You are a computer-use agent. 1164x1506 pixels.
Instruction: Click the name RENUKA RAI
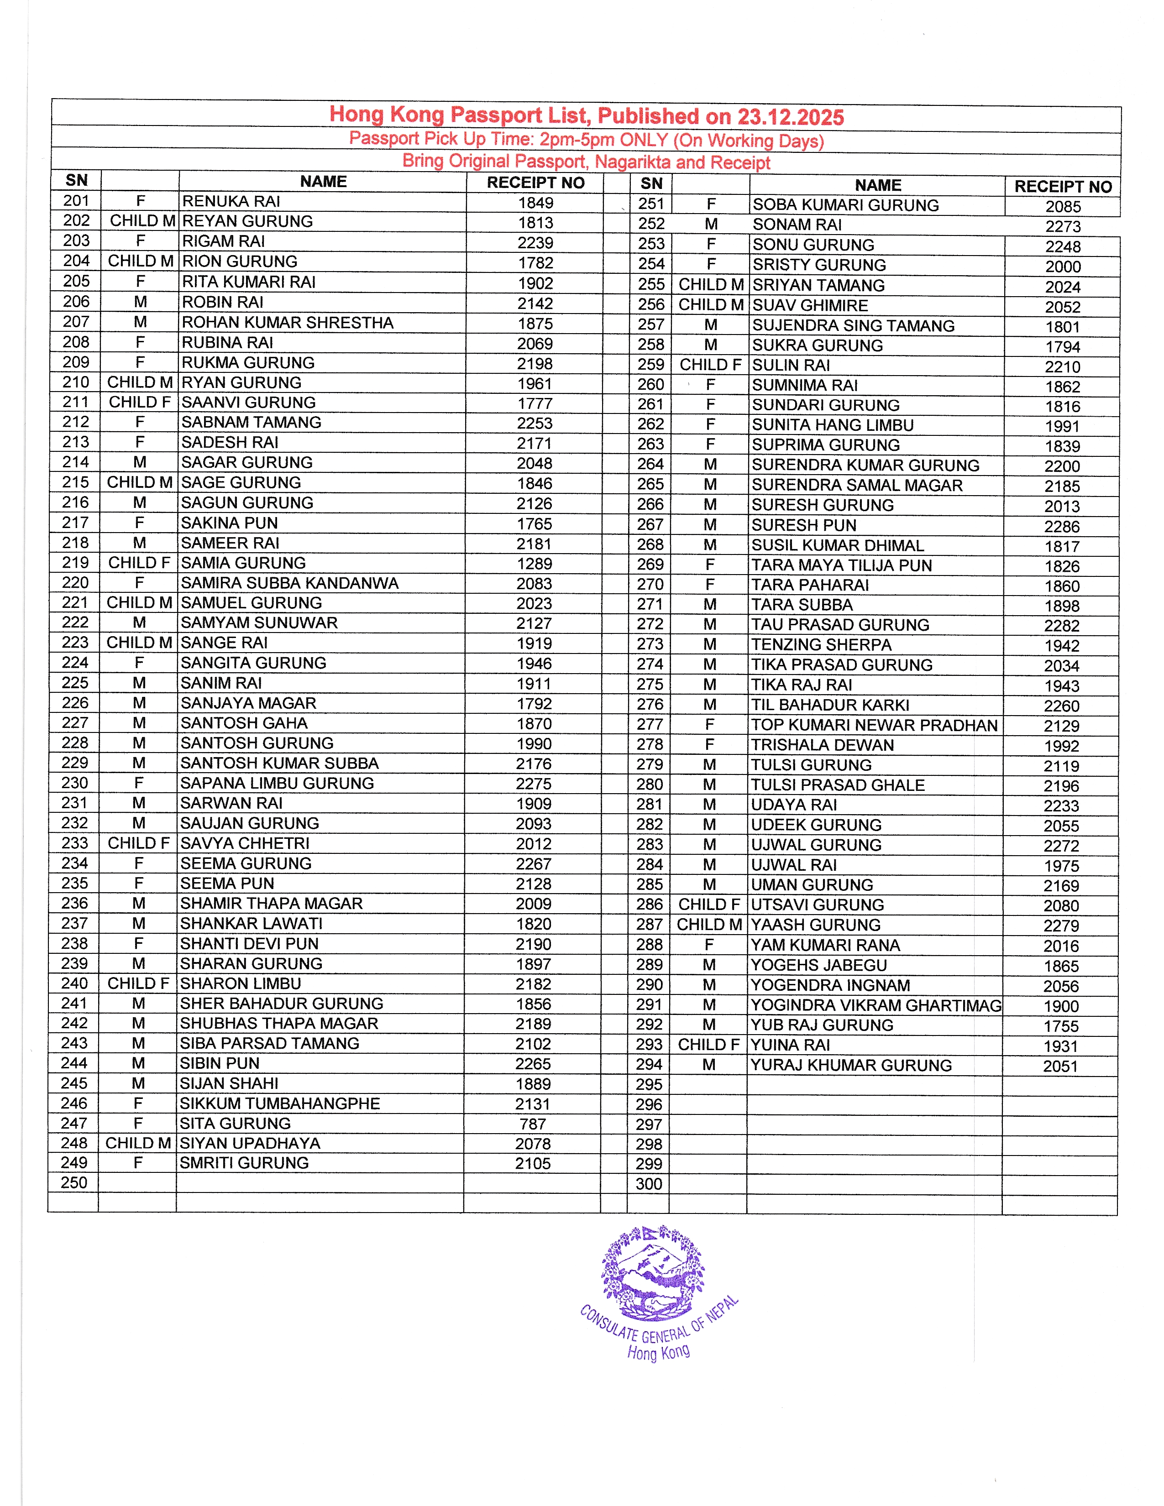tap(231, 201)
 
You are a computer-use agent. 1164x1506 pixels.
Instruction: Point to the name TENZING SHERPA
tap(821, 645)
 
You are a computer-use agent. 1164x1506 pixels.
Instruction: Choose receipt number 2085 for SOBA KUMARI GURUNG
tap(1063, 207)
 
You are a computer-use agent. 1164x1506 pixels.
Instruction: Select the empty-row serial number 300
tap(648, 1184)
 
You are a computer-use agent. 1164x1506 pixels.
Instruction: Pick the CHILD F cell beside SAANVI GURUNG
tap(139, 402)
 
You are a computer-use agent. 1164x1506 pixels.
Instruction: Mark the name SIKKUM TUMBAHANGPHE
tap(280, 1103)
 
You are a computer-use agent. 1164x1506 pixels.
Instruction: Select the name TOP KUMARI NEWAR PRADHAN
tap(875, 726)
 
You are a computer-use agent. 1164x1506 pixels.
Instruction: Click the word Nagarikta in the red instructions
tap(632, 162)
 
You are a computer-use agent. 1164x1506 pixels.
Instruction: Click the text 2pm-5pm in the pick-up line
tap(577, 139)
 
